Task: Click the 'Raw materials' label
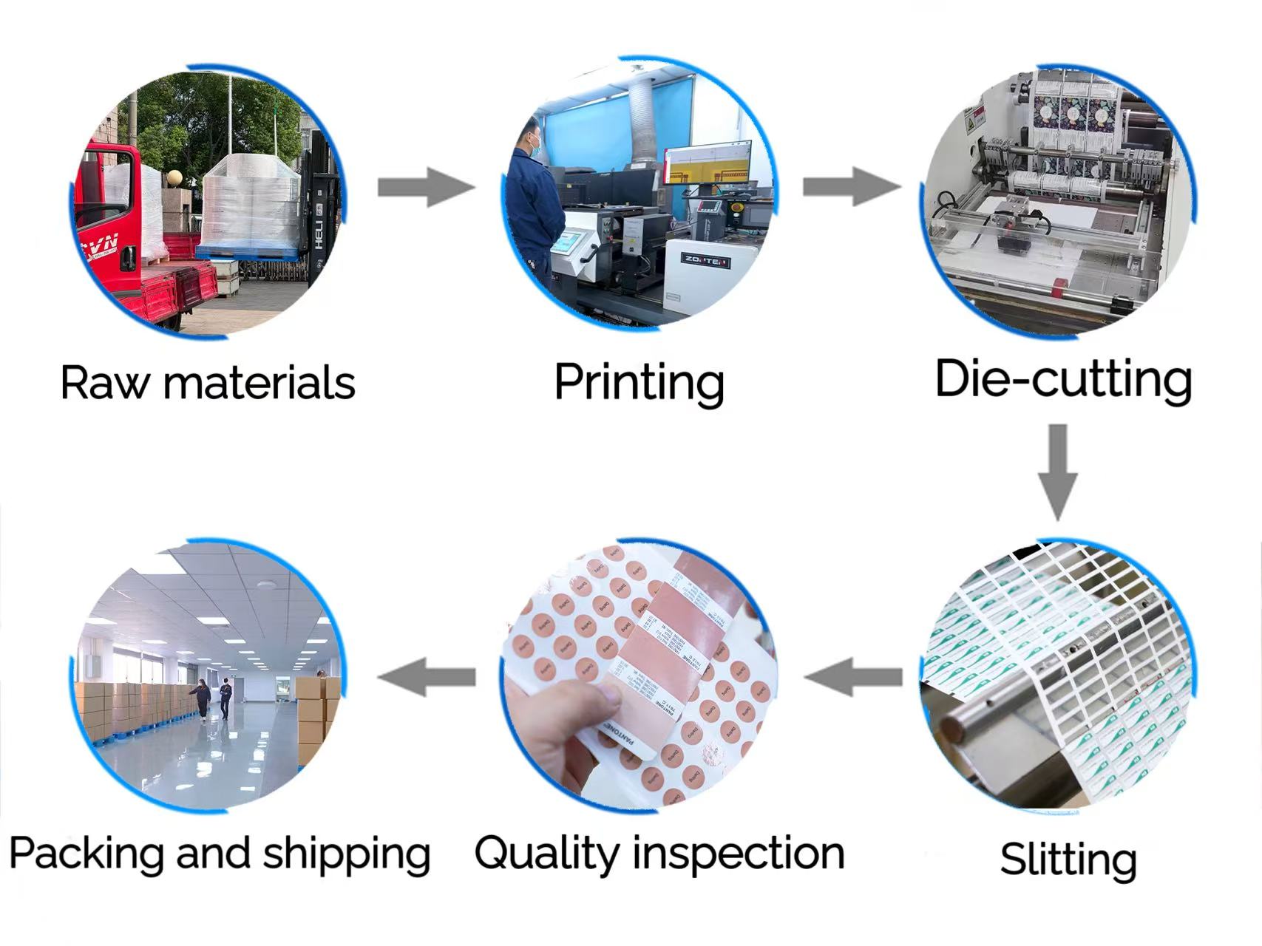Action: point(208,383)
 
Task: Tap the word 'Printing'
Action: point(639,383)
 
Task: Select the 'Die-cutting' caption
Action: point(1063,379)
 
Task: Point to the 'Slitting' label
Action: point(1068,860)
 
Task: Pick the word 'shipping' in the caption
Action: point(347,854)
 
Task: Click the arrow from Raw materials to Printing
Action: point(425,187)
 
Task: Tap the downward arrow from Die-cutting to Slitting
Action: point(1058,472)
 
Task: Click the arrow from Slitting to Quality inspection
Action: point(853,676)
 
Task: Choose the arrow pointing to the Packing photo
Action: point(427,676)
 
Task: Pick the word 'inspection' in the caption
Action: point(739,854)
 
